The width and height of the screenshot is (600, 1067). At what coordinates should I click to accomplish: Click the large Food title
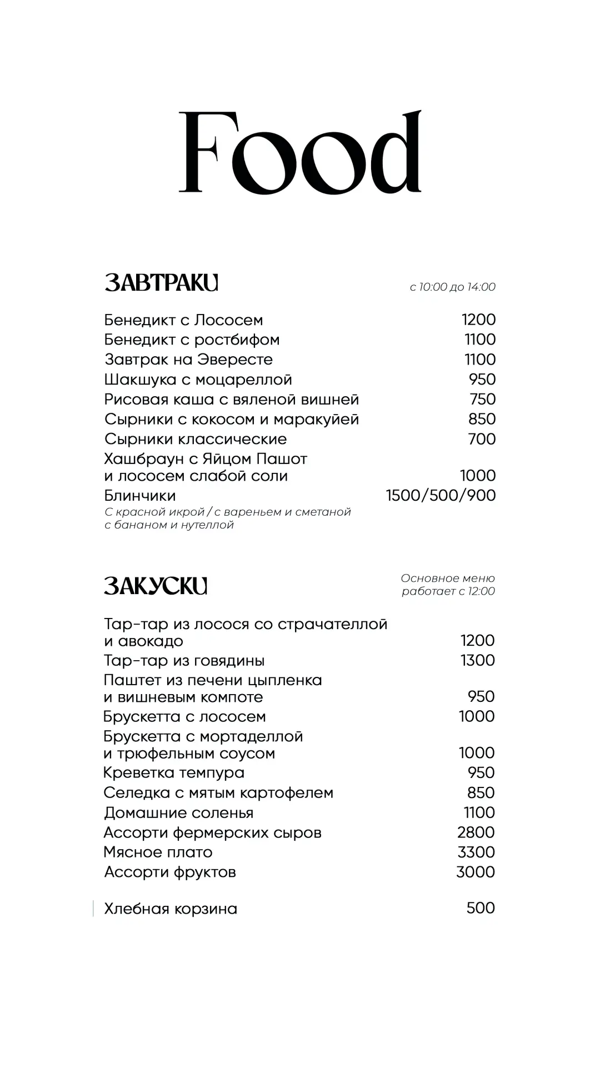300,152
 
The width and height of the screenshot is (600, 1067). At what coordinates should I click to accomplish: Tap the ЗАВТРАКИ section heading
161,283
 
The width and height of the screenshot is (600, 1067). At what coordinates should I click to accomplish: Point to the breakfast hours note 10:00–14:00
452,287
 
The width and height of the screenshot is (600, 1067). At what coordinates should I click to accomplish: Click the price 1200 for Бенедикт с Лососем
478,320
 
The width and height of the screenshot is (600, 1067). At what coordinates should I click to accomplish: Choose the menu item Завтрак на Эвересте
188,360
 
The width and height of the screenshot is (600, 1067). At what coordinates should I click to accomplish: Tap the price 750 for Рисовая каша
482,399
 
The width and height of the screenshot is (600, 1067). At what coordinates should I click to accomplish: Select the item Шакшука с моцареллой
198,380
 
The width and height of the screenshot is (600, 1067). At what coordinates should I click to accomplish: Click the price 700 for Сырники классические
482,439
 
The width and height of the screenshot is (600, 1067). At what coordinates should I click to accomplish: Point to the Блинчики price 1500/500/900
441,495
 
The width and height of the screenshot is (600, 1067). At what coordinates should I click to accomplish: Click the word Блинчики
140,495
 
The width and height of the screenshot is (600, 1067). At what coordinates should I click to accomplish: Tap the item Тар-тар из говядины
184,660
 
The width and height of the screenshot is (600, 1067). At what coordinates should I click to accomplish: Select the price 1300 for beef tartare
477,660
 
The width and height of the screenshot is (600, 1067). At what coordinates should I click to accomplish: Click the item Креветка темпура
174,772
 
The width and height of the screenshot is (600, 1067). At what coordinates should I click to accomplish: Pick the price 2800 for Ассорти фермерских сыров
476,832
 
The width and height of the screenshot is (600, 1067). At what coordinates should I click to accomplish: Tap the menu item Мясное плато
158,852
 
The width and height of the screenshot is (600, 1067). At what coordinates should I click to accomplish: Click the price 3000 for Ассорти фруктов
475,872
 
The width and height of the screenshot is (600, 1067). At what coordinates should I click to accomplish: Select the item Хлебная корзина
171,909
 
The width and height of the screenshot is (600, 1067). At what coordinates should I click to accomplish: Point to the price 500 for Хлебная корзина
481,908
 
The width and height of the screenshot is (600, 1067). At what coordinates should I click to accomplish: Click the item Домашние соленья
178,812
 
